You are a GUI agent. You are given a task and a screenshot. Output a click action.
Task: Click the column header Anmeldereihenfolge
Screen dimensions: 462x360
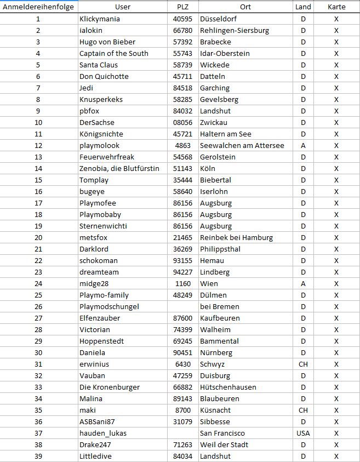[x=38, y=7]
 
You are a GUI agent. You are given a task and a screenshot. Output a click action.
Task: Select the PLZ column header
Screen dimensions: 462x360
[x=183, y=7]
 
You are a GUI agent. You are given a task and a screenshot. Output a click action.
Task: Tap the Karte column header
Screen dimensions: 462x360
[x=336, y=7]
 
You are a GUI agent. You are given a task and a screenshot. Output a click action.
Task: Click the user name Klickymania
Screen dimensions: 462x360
[x=99, y=19]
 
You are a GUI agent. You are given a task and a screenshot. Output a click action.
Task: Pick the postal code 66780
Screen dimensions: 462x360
[x=183, y=30]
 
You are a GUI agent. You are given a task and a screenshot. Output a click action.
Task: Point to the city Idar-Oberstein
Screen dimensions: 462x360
[x=225, y=53]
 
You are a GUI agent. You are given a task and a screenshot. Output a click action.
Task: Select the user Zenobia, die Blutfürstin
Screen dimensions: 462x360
[x=119, y=168]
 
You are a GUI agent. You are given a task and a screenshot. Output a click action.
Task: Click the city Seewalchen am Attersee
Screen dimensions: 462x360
[x=242, y=145]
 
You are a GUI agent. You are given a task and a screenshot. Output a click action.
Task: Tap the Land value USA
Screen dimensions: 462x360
[x=302, y=433]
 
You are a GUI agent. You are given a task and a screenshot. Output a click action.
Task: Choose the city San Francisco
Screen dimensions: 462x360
[x=222, y=433]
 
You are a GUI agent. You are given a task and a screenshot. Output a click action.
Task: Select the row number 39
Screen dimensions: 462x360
[x=38, y=456]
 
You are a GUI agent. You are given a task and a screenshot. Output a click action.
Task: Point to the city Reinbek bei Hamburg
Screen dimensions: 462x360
[x=236, y=237]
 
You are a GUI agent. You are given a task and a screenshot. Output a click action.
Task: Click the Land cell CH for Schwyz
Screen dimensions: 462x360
[x=302, y=364]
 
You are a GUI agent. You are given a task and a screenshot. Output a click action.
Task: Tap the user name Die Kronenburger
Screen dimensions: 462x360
[x=109, y=387]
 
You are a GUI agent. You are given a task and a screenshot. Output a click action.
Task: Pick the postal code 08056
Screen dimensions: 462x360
[x=183, y=122]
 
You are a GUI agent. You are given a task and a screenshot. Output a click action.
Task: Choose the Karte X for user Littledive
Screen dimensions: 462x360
[x=336, y=456]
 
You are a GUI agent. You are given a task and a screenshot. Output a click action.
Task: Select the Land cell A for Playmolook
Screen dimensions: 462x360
[x=302, y=145]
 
